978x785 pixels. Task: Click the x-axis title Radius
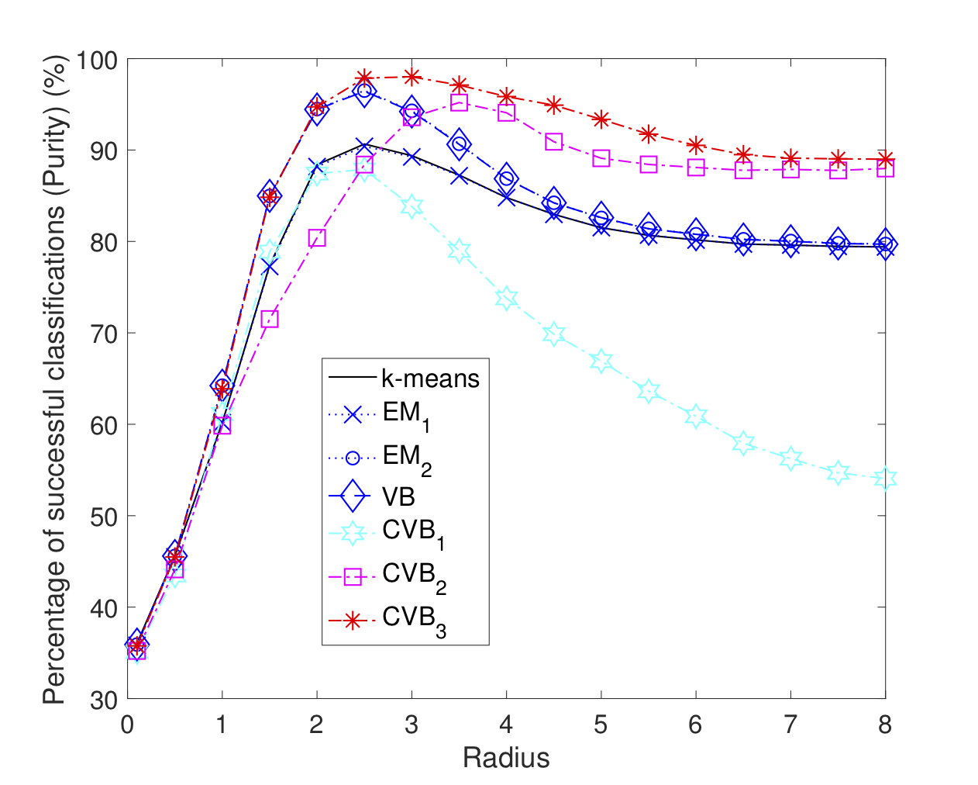pos(506,757)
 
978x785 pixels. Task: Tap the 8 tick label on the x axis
pos(885,724)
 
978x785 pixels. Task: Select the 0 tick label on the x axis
pos(128,724)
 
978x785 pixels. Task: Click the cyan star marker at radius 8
pos(885,478)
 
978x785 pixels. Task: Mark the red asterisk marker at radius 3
pos(412,76)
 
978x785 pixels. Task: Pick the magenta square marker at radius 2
pos(317,237)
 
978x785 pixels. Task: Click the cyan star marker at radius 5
pos(601,361)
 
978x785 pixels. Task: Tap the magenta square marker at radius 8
pos(885,168)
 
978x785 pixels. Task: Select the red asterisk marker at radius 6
pos(696,145)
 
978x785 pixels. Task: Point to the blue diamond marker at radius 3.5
pos(459,144)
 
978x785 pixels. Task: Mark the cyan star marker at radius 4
pos(506,299)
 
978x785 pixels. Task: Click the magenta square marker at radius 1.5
pos(270,319)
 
